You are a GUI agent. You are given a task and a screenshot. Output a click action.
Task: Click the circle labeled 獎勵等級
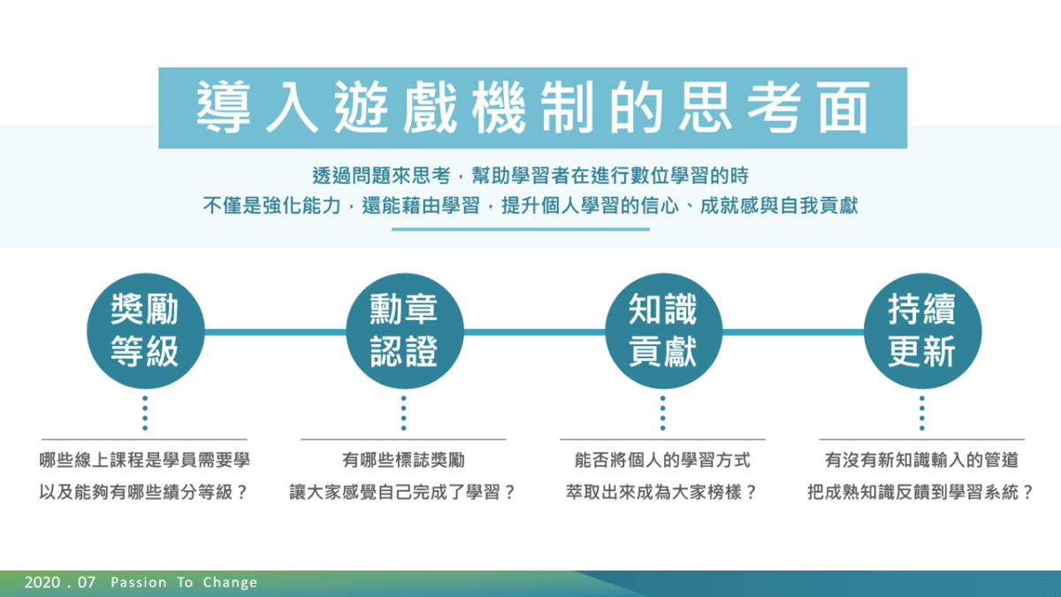click(145, 331)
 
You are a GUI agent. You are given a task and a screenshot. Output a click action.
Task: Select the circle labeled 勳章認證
click(405, 331)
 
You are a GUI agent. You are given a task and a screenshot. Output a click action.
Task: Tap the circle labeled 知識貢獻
click(664, 331)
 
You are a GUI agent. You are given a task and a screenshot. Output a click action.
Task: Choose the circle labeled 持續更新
click(923, 331)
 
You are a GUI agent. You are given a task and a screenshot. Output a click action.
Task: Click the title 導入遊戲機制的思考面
click(533, 108)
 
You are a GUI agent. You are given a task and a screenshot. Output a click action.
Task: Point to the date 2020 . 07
click(60, 582)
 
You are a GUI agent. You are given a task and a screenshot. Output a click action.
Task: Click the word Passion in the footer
click(138, 582)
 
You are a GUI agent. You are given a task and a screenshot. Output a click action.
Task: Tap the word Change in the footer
click(230, 583)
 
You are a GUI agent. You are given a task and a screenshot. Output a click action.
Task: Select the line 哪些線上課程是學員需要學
click(144, 460)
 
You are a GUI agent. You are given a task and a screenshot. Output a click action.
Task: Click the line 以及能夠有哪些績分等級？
click(143, 493)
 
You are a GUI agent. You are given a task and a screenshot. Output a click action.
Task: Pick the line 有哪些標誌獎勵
click(403, 460)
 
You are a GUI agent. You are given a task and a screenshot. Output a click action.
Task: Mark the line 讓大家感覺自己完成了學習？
click(402, 493)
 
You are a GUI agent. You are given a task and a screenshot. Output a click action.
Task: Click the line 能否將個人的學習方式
click(662, 460)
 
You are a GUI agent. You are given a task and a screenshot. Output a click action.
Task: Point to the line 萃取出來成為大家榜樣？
click(661, 493)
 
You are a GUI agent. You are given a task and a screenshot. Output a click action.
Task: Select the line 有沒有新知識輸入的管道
click(921, 460)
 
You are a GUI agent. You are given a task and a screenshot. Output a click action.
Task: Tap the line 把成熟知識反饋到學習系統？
click(920, 493)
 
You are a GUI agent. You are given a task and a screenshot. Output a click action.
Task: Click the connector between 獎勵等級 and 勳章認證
click(275, 333)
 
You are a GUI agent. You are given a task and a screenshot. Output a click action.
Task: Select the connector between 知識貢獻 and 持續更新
click(793, 333)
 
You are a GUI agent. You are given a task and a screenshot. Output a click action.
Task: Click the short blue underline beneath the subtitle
click(521, 229)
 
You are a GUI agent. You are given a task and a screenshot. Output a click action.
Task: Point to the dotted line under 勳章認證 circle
click(403, 413)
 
